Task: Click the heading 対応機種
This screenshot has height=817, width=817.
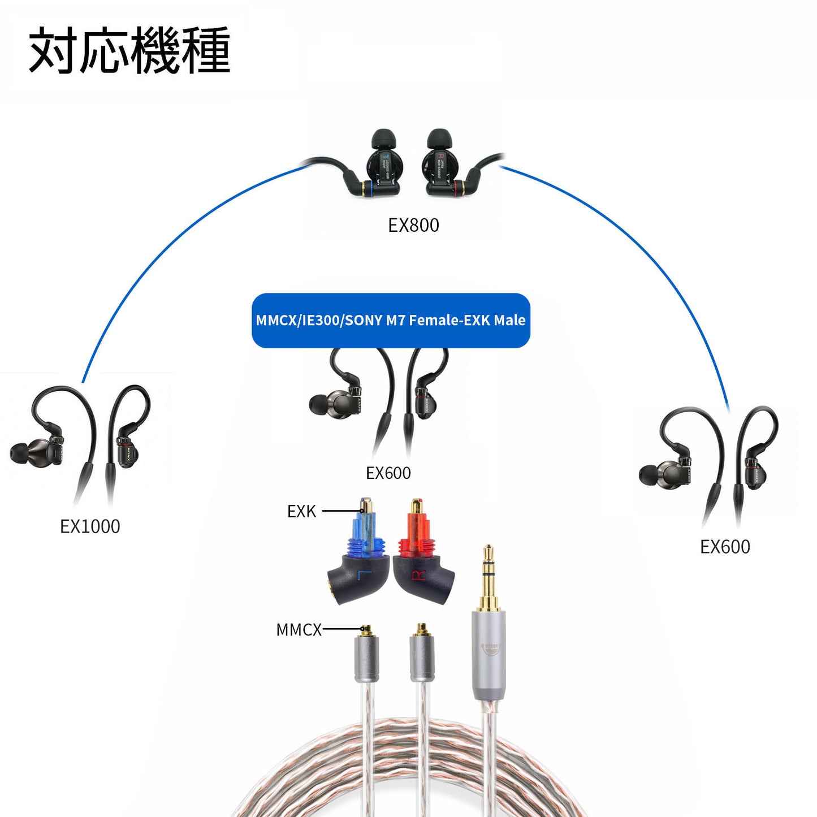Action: (x=129, y=51)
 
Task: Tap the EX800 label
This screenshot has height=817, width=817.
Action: (x=413, y=225)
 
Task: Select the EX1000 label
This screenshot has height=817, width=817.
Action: (x=90, y=526)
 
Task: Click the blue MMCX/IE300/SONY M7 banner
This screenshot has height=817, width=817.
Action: (x=391, y=320)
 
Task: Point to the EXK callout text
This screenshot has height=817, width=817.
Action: (x=301, y=512)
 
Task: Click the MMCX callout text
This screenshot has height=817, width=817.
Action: (x=299, y=630)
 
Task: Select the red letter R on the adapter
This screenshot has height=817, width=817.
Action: (x=418, y=576)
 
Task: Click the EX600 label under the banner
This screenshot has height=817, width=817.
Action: (x=388, y=473)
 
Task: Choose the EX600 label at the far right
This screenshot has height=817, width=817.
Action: (x=725, y=547)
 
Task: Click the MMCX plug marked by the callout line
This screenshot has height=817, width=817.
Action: (x=366, y=656)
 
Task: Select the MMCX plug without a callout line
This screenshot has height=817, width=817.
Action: (x=422, y=656)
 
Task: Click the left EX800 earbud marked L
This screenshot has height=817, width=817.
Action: (x=384, y=164)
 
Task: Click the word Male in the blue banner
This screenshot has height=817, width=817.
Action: (x=509, y=320)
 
